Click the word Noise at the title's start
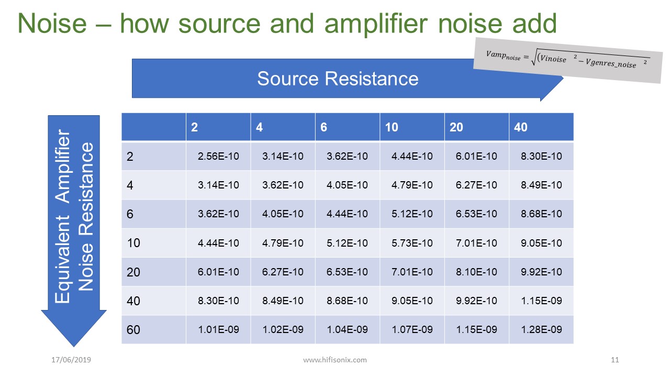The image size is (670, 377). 52,24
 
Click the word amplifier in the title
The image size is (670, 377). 376,24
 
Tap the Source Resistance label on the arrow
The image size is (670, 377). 338,79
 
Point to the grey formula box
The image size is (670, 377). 568,60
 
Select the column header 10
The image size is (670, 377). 392,127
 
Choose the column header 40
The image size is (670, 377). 521,127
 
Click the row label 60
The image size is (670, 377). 133,330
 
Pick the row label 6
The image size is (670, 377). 130,214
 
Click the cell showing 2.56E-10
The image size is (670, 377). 218,156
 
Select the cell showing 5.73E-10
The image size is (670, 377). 412,243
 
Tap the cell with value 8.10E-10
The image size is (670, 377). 476,272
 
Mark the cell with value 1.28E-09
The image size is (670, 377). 541,329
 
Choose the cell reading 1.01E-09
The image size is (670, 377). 218,329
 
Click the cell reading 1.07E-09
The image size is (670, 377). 412,329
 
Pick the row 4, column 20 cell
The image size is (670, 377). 476,185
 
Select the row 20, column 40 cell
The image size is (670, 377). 541,272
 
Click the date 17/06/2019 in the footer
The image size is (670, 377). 71,360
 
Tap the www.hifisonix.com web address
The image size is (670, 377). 335,360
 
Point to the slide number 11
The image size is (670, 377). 615,360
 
